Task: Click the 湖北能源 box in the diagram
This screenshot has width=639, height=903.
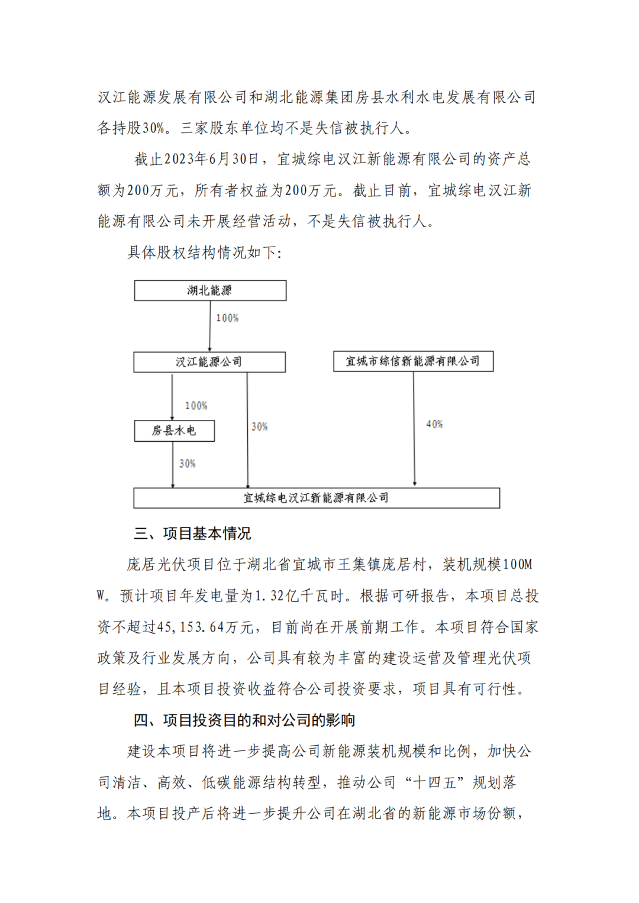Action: click(x=210, y=290)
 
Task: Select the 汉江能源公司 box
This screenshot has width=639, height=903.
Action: click(x=209, y=362)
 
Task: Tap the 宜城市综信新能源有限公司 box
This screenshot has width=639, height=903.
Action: click(x=413, y=361)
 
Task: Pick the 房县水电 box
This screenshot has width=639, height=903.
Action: click(x=174, y=431)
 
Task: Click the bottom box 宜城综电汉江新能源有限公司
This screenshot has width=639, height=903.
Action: click(x=317, y=498)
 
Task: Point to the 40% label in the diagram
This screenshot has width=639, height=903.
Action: click(x=434, y=424)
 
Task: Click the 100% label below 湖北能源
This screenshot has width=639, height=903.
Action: click(x=227, y=318)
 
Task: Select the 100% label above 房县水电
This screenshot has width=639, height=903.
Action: click(x=196, y=406)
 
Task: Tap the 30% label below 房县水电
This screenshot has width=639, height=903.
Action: click(x=188, y=464)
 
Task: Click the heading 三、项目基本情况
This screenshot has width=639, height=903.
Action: click(x=192, y=533)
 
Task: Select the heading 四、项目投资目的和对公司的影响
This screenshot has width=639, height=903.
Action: click(x=244, y=720)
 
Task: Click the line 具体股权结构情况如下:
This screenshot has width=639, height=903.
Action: click(x=205, y=253)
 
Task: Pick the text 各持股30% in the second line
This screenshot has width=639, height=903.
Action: click(x=132, y=128)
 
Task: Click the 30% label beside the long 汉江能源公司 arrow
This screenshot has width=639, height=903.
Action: click(x=259, y=426)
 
